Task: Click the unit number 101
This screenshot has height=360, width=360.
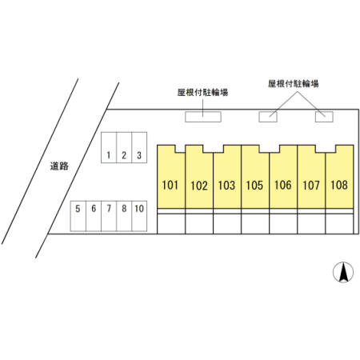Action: (x=170, y=185)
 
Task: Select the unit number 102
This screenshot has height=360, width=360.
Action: (x=199, y=186)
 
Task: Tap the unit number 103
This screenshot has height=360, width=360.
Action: (x=226, y=185)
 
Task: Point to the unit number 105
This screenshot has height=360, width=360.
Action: (x=254, y=185)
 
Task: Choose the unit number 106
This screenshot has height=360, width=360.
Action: (x=283, y=185)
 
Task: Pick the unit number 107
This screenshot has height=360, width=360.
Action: (x=311, y=185)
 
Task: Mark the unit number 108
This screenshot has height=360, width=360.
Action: (x=339, y=185)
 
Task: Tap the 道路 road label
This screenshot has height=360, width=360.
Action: (x=59, y=166)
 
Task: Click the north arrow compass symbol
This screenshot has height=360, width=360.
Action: (x=343, y=272)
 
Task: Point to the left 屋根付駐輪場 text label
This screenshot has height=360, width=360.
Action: (x=202, y=93)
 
